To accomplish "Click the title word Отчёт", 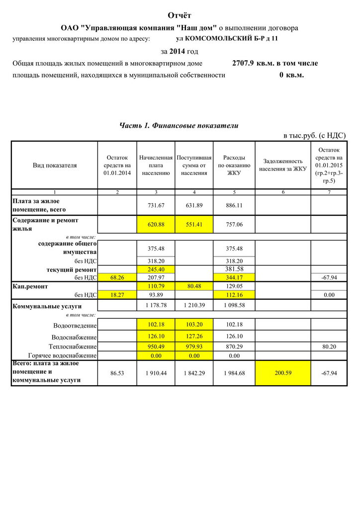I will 180,16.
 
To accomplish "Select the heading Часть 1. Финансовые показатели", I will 179,125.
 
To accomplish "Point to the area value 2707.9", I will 243,63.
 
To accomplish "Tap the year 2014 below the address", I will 178,51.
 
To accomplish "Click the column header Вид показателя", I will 55,165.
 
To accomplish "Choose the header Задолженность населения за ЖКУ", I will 283,165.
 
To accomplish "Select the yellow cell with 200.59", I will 283,373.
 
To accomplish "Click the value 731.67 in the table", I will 156,205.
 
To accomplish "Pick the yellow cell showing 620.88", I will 156,224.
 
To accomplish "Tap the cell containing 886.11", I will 234,205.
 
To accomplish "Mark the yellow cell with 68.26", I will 117,277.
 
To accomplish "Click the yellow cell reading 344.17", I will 234,277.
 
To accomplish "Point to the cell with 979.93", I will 194,346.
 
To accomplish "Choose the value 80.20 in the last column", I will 329,346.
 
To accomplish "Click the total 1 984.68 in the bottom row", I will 234,373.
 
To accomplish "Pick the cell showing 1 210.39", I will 194,305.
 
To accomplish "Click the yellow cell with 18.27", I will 117,295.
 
